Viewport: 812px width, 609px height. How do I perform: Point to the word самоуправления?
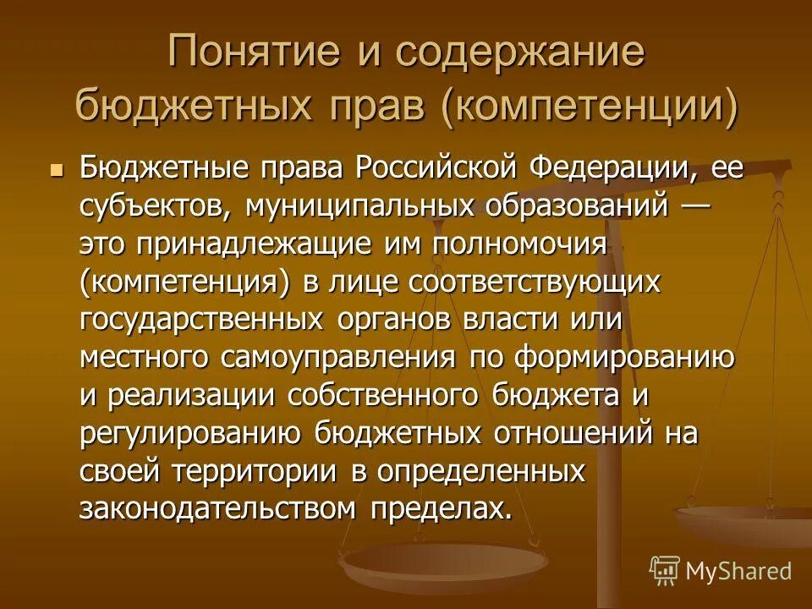339,358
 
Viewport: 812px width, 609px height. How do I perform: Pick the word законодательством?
218,509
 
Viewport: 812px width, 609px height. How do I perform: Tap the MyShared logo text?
738,571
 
